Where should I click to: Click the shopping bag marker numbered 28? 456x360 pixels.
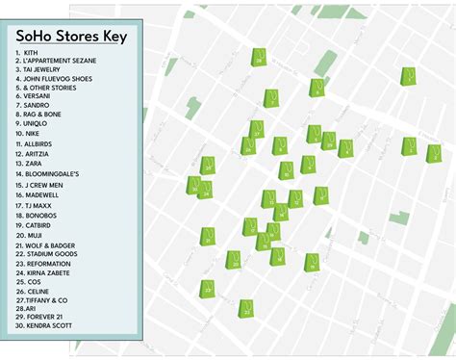click(x=259, y=58)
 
